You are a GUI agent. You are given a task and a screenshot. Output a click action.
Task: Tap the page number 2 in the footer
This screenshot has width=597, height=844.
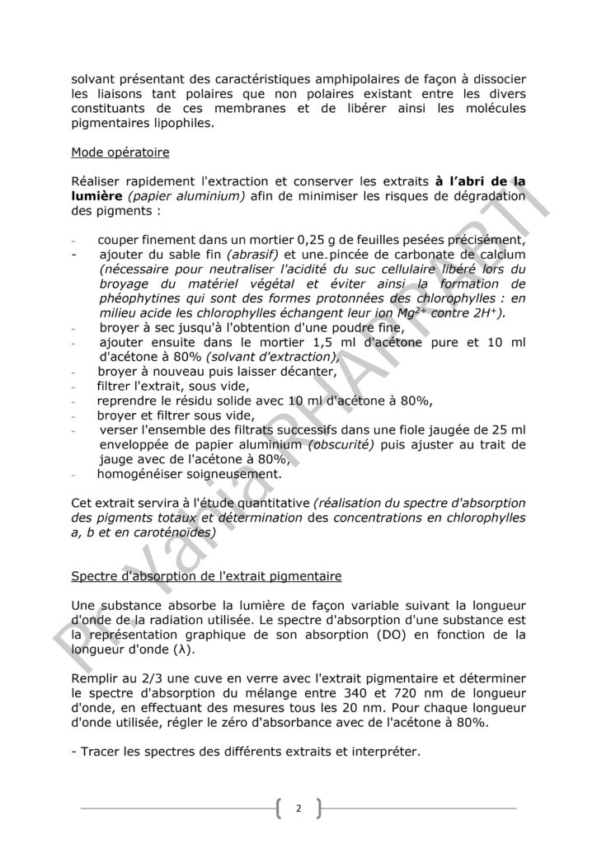click(x=298, y=809)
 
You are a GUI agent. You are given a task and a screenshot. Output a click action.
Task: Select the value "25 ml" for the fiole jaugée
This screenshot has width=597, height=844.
click(x=508, y=429)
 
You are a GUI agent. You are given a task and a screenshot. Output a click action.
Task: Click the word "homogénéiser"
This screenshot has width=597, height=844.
click(x=146, y=474)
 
